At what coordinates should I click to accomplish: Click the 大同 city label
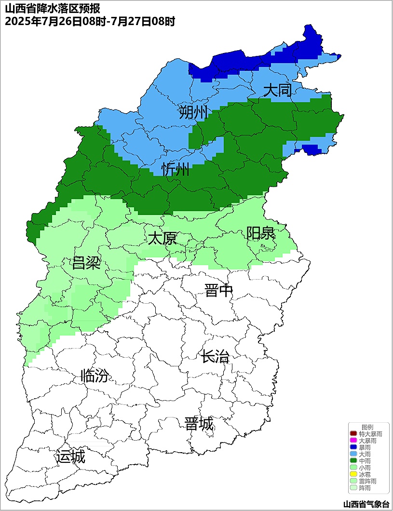[x=278, y=90]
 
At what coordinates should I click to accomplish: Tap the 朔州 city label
[x=193, y=112]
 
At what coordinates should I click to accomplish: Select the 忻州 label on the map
[x=176, y=170]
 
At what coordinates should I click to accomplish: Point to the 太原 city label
[x=163, y=238]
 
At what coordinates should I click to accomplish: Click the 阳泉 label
[x=260, y=233]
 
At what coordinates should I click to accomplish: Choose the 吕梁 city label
[x=86, y=263]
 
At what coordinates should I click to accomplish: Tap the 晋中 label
[x=218, y=291]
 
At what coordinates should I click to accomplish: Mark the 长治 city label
[x=215, y=357]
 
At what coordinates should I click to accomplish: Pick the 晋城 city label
[x=199, y=424]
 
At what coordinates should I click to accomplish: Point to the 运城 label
[x=70, y=457]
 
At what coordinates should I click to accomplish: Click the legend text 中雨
[x=365, y=461]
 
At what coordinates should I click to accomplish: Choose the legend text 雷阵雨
[x=368, y=482]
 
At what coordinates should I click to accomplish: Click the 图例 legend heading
[x=367, y=428]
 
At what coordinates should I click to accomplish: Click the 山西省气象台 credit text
[x=366, y=504]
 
